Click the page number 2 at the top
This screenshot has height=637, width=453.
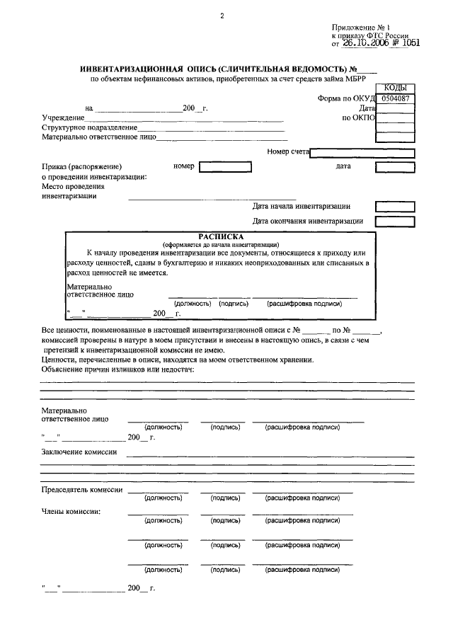pos(222,15)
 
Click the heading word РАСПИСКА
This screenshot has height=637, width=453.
pos(221,236)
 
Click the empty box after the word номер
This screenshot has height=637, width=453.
pos(225,167)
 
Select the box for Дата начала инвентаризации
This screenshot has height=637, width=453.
pos(390,207)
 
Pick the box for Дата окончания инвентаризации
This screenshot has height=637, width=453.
pos(390,221)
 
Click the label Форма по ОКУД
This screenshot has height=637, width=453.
pos(345,99)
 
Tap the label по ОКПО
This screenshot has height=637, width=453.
pos(358,117)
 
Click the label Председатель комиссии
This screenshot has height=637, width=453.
pos(82,490)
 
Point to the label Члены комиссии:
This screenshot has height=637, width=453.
pos(71,511)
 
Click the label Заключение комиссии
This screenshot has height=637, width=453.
pos(79,451)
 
